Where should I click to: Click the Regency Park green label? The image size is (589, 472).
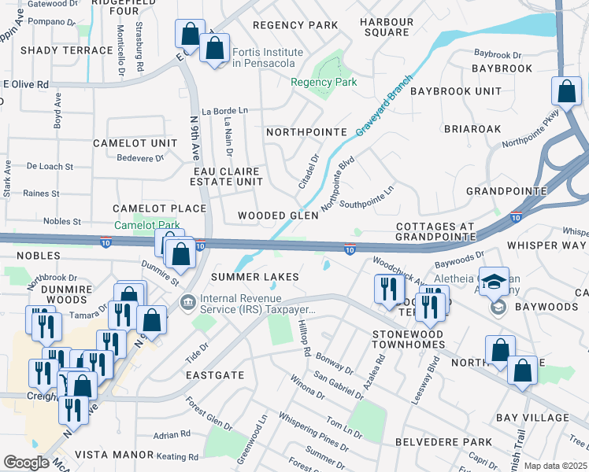point(324,82)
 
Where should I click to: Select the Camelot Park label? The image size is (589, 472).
point(147,225)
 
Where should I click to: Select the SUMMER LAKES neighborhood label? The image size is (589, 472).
point(254,277)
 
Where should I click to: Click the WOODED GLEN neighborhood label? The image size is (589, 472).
point(278,216)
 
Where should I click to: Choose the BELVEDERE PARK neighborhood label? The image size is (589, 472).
point(443,442)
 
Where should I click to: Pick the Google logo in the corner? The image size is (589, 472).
point(26,463)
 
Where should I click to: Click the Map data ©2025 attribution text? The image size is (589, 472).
point(555,466)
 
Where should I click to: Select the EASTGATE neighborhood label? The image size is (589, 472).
point(214,376)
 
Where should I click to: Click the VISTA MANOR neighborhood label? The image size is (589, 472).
point(113,455)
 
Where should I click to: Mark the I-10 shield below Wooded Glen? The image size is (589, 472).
point(349,249)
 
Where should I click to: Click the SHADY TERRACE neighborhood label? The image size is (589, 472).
point(67,50)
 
